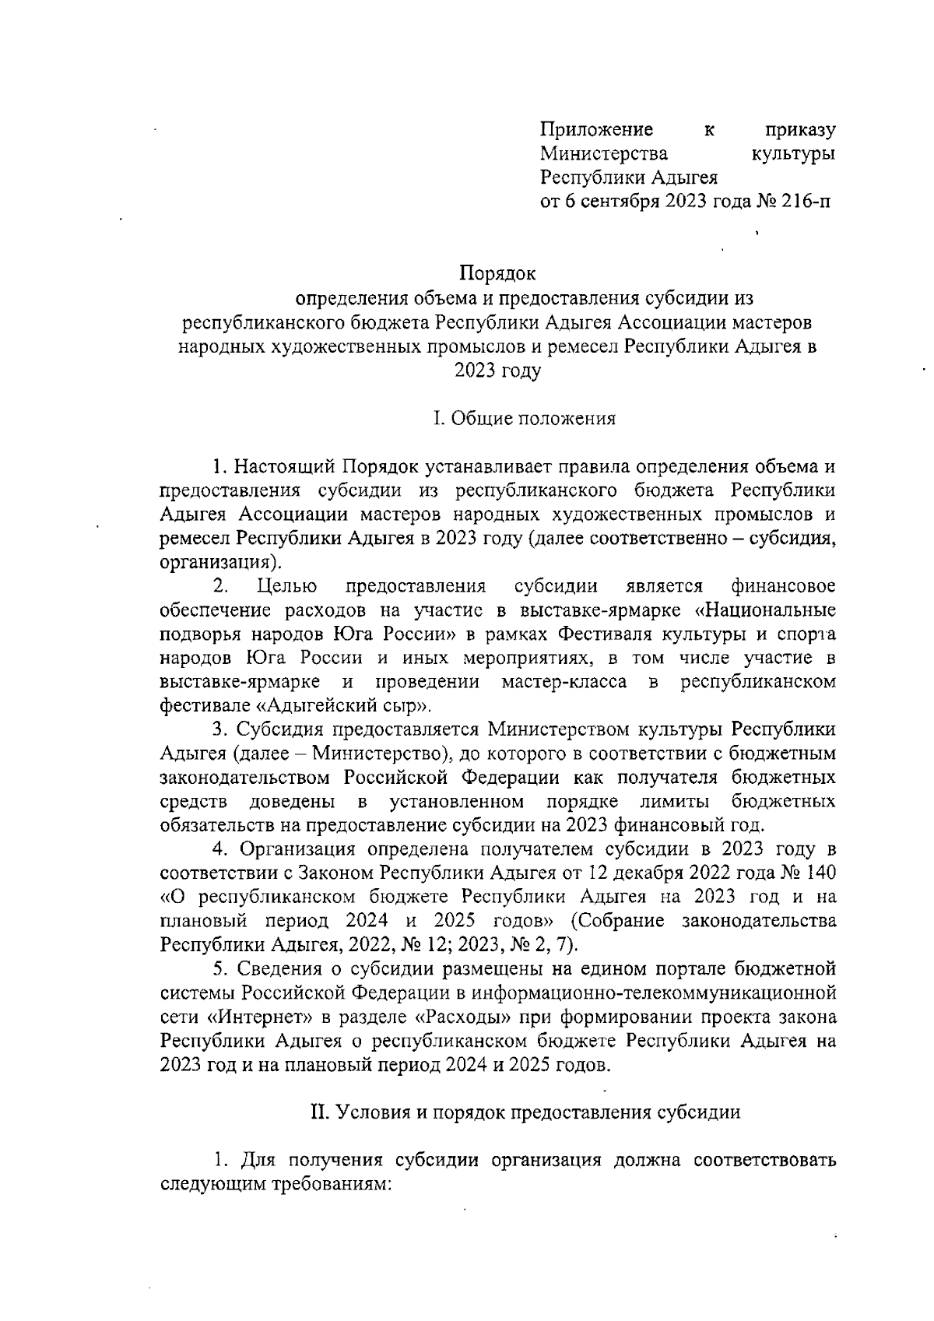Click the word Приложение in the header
click(x=597, y=129)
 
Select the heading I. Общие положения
click(x=525, y=419)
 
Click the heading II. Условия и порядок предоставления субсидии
click(x=525, y=1112)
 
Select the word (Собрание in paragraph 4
click(x=618, y=921)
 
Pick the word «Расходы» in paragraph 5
click(x=467, y=1017)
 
